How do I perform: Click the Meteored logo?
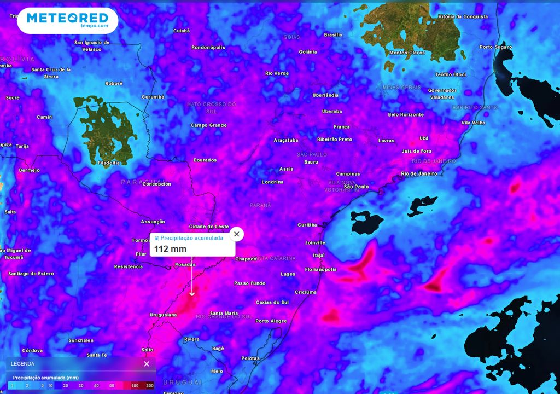(x=67, y=21)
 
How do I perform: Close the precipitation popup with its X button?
(x=236, y=234)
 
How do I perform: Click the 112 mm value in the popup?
(x=170, y=249)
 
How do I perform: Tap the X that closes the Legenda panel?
(x=147, y=364)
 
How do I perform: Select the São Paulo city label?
(x=356, y=187)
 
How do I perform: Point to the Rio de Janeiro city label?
(x=419, y=173)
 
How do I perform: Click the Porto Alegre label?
(x=271, y=321)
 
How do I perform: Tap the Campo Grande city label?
(x=208, y=125)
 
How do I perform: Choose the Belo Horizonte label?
(x=406, y=115)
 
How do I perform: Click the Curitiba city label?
(x=307, y=225)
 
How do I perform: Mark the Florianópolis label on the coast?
(x=320, y=269)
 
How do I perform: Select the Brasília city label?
(x=332, y=34)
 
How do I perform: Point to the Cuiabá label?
(x=181, y=31)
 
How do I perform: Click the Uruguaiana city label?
(x=164, y=315)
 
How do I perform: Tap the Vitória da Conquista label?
(x=463, y=16)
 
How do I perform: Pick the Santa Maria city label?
(x=224, y=314)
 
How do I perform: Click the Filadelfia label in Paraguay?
(x=108, y=163)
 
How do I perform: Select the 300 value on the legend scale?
(x=150, y=386)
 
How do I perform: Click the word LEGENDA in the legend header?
(x=22, y=364)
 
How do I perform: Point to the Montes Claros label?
(x=407, y=53)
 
